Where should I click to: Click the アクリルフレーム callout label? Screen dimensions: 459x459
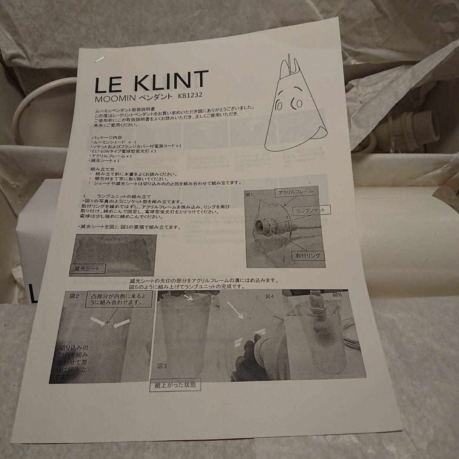click(x=296, y=192)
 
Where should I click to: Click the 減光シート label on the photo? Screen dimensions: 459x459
click(x=88, y=269)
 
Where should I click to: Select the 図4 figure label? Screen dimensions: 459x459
click(x=270, y=296)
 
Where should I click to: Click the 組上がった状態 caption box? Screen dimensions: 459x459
click(x=176, y=386)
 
